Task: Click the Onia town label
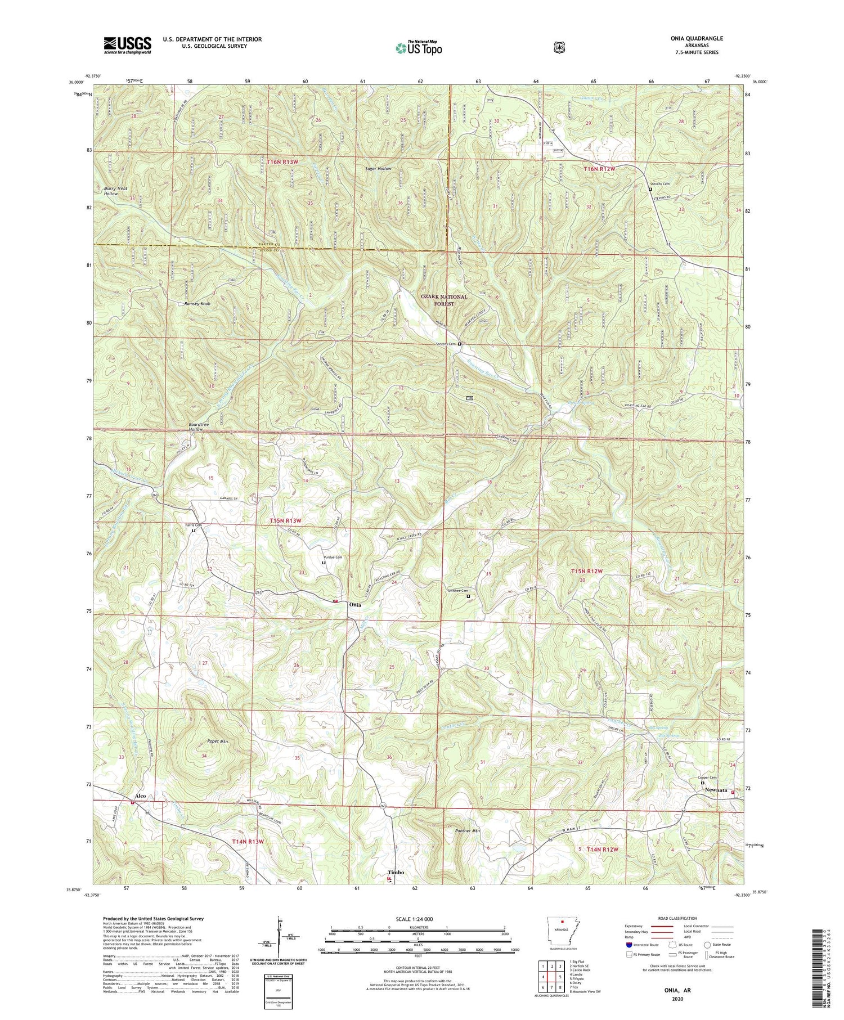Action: pos(354,604)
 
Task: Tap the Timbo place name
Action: pos(396,872)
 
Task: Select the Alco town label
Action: pos(140,796)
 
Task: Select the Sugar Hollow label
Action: pos(378,169)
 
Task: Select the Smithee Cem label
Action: pos(457,591)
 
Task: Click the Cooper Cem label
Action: pos(707,778)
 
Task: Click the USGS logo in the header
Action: pos(127,44)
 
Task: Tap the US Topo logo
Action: pos(419,47)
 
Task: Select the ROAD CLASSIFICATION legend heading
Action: pos(675,918)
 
